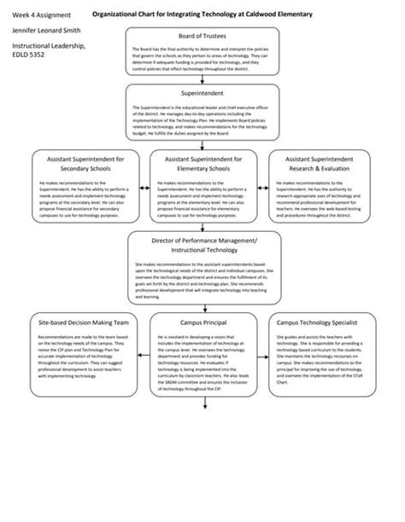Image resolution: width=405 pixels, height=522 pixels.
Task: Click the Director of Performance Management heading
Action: [x=202, y=246]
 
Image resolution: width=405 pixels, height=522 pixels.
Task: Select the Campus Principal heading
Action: [x=202, y=323]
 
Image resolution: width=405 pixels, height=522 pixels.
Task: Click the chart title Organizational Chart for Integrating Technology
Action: [x=202, y=15]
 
